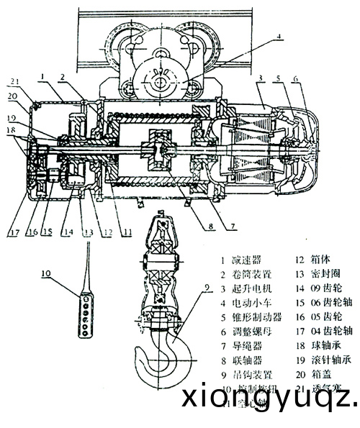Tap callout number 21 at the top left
(x=15, y=80)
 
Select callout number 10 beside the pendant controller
(x=45, y=273)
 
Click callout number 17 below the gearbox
(x=14, y=232)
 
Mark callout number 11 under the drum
(x=127, y=232)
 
